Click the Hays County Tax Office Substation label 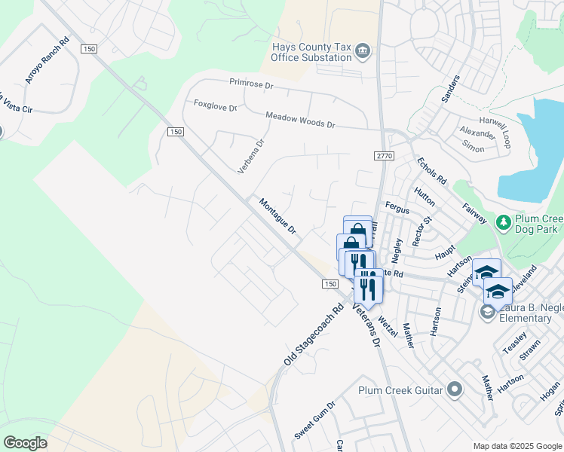tap(312, 52)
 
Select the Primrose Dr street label tap(251, 85)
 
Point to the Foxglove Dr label tap(215, 106)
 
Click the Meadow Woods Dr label tap(299, 119)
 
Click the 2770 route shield tap(384, 155)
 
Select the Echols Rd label tap(431, 170)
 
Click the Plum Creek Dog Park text tap(538, 223)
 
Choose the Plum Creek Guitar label tap(401, 389)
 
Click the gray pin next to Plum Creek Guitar tap(454, 389)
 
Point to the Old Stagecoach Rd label tap(314, 335)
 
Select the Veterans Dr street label tap(368, 319)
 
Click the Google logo tap(25, 442)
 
